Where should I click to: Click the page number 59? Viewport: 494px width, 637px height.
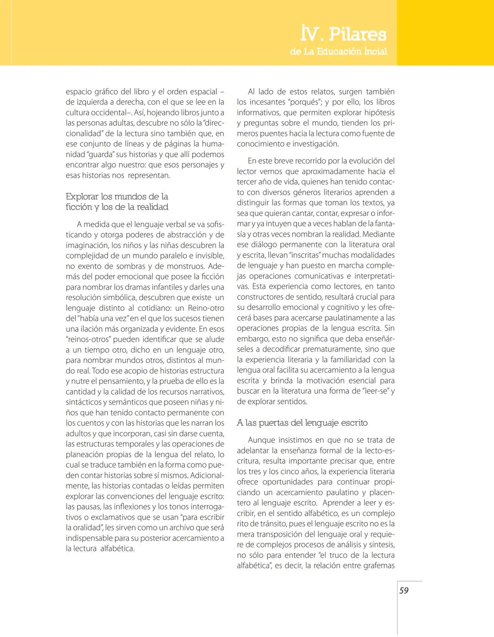point(404,591)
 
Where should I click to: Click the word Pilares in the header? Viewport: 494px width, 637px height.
point(358,34)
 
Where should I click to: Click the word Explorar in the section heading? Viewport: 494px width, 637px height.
point(82,197)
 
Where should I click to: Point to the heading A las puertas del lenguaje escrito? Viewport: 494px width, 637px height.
point(302,423)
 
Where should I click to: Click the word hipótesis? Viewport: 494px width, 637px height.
point(377,113)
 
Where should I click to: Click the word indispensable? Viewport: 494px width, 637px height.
point(89,538)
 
